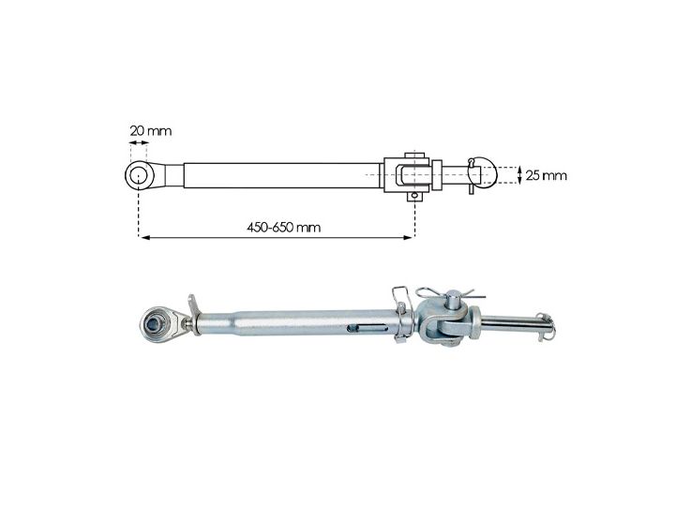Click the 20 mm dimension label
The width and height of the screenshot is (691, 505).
tap(151, 129)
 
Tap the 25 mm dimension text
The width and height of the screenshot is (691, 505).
tap(546, 175)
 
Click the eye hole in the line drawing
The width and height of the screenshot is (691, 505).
tap(139, 173)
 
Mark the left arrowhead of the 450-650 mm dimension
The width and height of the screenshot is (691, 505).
tap(143, 238)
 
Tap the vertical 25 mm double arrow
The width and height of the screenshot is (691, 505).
tap(518, 174)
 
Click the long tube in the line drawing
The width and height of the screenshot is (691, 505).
tap(281, 174)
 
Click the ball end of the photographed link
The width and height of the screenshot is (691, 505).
tap(155, 324)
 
